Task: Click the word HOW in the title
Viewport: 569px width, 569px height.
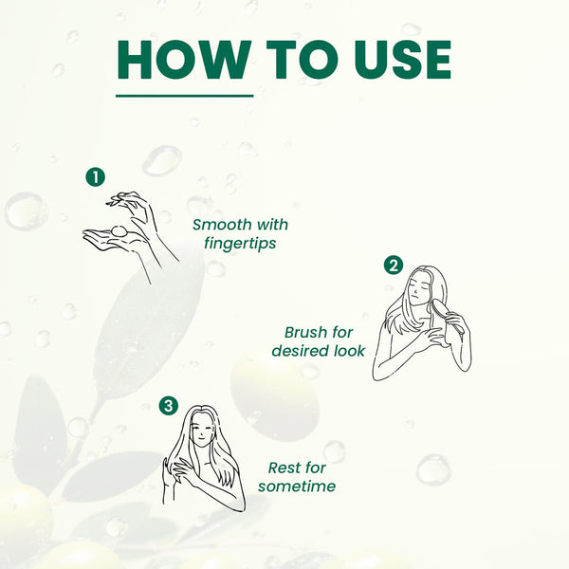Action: pyautogui.click(x=184, y=60)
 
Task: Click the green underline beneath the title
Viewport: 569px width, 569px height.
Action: pyautogui.click(x=184, y=96)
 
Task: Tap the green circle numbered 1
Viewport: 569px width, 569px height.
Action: pyautogui.click(x=96, y=177)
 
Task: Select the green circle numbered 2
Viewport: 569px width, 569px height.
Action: pyautogui.click(x=394, y=266)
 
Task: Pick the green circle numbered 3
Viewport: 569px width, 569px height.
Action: pyautogui.click(x=169, y=405)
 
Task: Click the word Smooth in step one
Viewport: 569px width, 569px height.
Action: pyautogui.click(x=222, y=225)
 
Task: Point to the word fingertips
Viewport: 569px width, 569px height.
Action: pyautogui.click(x=240, y=244)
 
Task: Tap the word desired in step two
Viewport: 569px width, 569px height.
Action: pyautogui.click(x=295, y=351)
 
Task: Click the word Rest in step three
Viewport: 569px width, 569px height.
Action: pyautogui.click(x=284, y=468)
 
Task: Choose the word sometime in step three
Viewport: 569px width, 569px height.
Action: pyautogui.click(x=297, y=486)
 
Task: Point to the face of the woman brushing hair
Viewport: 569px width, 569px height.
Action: pyautogui.click(x=417, y=288)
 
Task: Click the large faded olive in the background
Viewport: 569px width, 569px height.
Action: pyautogui.click(x=275, y=397)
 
